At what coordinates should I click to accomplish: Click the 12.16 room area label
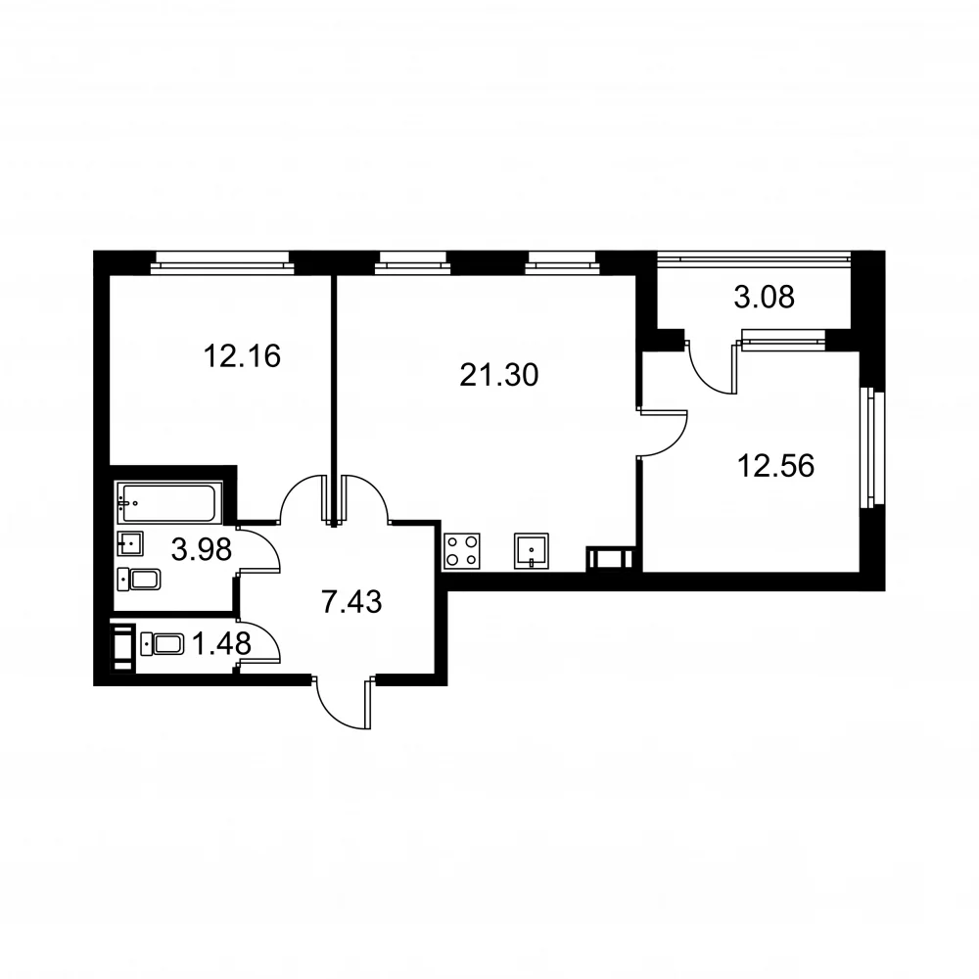[242, 356]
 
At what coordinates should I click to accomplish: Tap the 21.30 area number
[499, 375]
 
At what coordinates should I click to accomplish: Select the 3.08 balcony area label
[765, 298]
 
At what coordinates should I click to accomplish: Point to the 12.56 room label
[776, 466]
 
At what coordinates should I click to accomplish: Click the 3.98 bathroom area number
[202, 549]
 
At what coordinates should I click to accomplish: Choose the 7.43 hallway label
[351, 602]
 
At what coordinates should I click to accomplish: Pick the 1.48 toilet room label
[221, 644]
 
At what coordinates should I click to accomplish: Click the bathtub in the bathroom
[168, 502]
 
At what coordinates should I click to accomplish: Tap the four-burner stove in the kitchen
[462, 550]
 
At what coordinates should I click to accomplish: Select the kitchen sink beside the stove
[532, 550]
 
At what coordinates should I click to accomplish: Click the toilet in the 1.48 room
[163, 644]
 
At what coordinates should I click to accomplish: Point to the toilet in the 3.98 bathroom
[139, 580]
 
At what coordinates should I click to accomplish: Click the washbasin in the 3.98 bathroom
[130, 543]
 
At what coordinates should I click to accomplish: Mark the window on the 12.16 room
[222, 262]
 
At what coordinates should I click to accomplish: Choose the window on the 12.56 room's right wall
[873, 447]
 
